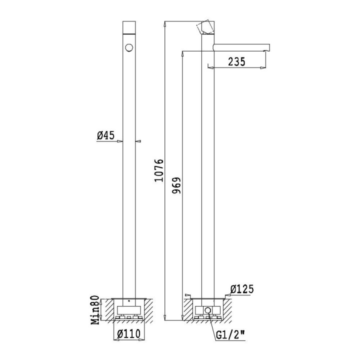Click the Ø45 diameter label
105,135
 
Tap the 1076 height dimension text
158,170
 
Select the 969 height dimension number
176,185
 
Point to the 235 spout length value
236,61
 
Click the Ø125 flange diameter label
242,289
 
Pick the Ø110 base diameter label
128,333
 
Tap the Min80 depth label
95,310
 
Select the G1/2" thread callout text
230,336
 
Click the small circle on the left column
129,47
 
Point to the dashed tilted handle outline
205,27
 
